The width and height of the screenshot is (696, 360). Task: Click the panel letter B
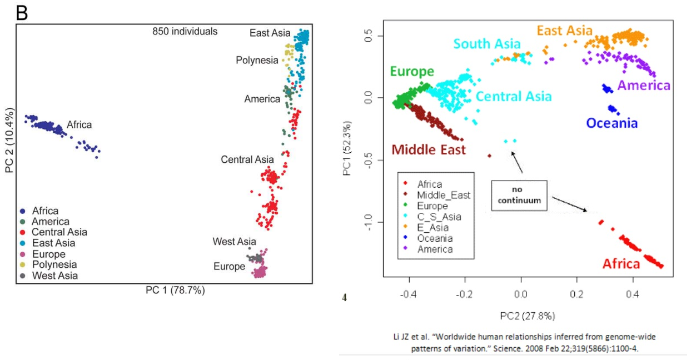[22, 13]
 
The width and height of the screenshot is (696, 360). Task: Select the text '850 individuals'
[185, 32]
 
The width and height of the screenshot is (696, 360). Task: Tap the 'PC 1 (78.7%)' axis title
[176, 289]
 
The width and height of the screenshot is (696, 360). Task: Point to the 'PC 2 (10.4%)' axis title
[9, 139]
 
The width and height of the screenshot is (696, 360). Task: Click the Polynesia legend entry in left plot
[54, 264]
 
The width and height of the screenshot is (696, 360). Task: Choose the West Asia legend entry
[54, 275]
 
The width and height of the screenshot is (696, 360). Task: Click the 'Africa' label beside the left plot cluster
[79, 125]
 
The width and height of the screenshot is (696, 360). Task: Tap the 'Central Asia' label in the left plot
[247, 160]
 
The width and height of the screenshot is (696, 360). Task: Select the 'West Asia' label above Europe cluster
[234, 242]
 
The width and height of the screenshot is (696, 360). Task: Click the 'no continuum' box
[519, 195]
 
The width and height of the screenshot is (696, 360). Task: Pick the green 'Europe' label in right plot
[412, 72]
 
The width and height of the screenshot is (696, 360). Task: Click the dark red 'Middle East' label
[429, 149]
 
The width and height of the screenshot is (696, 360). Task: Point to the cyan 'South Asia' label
[487, 44]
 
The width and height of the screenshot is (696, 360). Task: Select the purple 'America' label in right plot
[644, 86]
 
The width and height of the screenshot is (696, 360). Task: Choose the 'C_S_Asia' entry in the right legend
[443, 217]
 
